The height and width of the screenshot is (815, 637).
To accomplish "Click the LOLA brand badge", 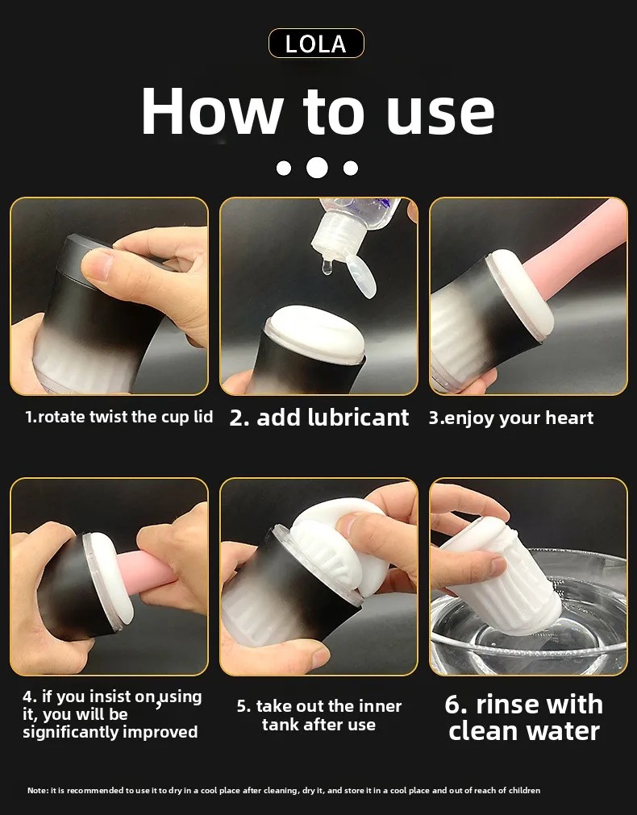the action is tap(316, 44).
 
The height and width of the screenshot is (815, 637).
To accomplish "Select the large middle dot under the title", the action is tap(317, 168).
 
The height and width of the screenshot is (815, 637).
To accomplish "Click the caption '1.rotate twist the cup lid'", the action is tap(119, 417).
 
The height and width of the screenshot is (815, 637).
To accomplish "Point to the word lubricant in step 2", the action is tap(358, 418).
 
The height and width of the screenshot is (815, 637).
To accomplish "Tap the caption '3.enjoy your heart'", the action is tap(510, 418).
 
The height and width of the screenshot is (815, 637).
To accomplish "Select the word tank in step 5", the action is tap(283, 724).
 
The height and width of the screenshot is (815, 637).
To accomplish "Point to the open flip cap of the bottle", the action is tap(361, 276).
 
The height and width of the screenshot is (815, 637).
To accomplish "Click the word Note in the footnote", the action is tap(37, 791).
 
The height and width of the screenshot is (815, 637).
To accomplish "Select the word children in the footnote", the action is tap(524, 791).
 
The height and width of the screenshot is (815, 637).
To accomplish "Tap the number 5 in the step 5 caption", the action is tap(242, 706).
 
